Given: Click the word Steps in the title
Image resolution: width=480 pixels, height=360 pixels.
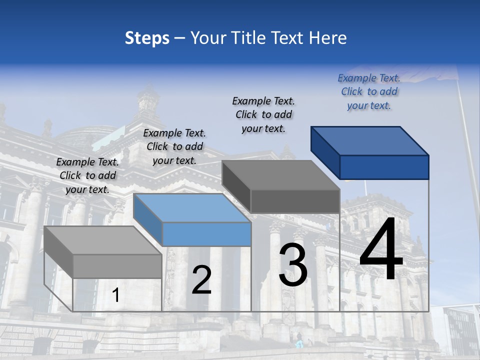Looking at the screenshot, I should (x=147, y=38).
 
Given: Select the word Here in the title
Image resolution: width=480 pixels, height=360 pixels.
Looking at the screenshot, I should (x=328, y=38).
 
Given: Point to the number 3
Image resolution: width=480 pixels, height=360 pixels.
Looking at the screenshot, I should (x=293, y=265).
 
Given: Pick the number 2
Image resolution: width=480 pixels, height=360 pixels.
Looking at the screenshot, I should (x=201, y=280).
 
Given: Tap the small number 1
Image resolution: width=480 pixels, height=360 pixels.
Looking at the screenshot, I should (x=116, y=295).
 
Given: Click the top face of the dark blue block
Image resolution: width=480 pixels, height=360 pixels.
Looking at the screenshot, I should (x=370, y=140).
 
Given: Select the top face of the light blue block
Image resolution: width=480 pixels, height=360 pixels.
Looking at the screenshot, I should (x=192, y=208).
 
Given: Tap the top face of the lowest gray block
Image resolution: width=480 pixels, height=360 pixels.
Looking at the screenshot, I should (x=103, y=240).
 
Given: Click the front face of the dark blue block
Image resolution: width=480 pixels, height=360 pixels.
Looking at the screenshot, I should (x=384, y=167).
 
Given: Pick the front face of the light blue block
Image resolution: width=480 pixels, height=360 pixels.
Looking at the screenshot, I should (x=206, y=234).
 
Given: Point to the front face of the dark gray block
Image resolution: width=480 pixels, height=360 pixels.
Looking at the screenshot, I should (x=295, y=201).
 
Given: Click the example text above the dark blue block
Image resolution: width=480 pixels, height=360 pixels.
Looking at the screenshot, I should (x=369, y=91).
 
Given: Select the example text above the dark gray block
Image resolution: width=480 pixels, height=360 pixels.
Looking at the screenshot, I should (x=263, y=114).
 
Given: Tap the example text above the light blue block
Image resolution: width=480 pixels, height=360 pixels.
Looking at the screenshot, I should (x=174, y=146).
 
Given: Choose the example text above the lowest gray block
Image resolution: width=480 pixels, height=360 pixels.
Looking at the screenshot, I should (x=87, y=175).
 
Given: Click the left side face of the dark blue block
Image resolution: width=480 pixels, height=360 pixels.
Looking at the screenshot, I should (x=325, y=152).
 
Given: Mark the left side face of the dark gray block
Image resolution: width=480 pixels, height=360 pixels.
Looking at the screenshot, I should (x=236, y=186).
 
